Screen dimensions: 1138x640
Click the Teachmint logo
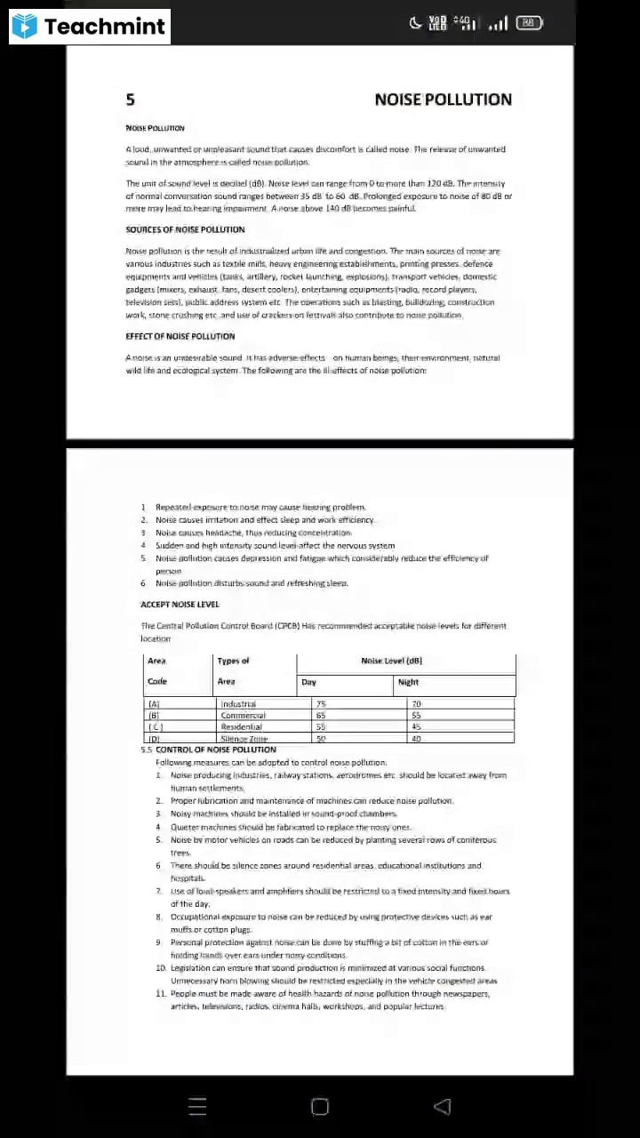[x=89, y=27]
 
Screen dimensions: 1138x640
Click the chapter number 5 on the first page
[x=131, y=100]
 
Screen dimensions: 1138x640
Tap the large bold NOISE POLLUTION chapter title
[x=443, y=100]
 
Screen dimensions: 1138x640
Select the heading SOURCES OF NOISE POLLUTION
[x=185, y=229]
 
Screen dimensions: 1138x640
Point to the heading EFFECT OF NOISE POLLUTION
[x=180, y=336]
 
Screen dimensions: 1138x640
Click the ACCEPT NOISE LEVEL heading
[x=180, y=605]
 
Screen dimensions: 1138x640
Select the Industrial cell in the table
[x=238, y=704]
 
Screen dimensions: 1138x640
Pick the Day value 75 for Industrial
[x=321, y=704]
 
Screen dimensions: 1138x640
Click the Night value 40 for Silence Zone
[x=416, y=739]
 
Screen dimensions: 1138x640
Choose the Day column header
[x=308, y=682]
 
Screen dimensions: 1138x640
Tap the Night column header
[x=408, y=682]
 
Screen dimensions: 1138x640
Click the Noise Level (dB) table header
[x=391, y=661]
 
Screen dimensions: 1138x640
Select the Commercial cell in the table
[x=243, y=716]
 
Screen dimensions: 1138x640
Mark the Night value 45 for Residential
[x=416, y=727]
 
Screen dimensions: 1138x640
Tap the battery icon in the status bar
[x=529, y=23]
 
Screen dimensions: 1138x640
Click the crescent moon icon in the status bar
[x=415, y=23]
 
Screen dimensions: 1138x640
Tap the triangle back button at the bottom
[x=442, y=1106]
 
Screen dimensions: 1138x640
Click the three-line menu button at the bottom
[x=198, y=1106]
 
